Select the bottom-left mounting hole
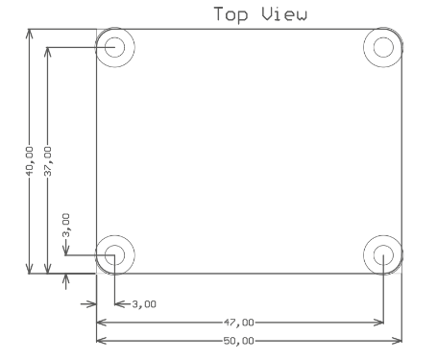(115, 255)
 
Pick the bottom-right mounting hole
(383, 255)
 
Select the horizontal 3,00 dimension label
(144, 304)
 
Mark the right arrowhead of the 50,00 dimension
(398, 340)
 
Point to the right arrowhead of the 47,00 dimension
(379, 323)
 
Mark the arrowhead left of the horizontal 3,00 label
(119, 304)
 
